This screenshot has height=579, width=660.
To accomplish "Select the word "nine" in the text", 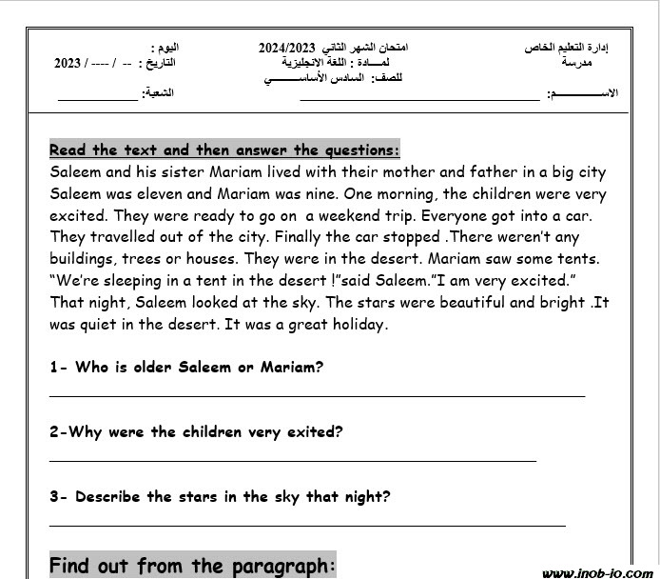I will pos(319,194).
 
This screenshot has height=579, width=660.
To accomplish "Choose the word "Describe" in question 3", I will pos(108,495).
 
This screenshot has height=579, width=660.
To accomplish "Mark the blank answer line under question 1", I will pos(317,395).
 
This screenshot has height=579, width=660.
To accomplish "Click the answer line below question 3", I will pos(306,524).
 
